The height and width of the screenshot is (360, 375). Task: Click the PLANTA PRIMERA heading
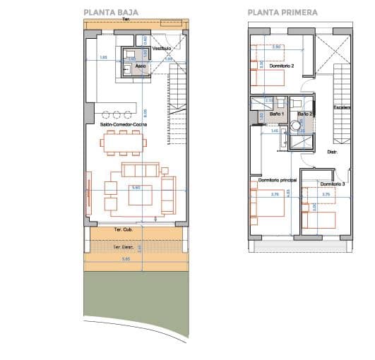click(x=282, y=12)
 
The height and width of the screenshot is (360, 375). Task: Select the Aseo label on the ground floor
click(x=141, y=66)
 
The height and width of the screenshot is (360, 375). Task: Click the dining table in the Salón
click(x=124, y=143)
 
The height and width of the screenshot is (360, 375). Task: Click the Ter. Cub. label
click(x=124, y=231)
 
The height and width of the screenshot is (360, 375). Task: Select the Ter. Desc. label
click(x=124, y=247)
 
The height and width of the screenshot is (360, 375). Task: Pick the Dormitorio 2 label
click(x=282, y=66)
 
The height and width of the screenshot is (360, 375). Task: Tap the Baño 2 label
click(x=304, y=114)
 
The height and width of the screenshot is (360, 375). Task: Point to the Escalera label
click(x=343, y=108)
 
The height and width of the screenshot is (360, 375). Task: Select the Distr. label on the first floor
click(x=332, y=152)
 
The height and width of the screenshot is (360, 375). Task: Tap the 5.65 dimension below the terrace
click(x=126, y=260)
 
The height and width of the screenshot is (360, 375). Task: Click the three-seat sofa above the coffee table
click(x=140, y=170)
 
